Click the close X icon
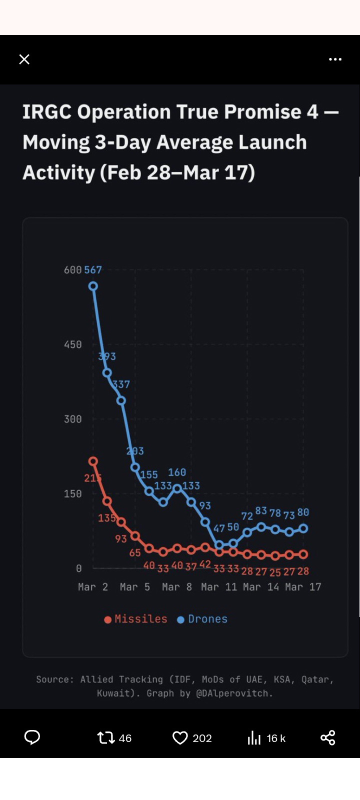tap(24, 59)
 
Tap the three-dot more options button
tap(335, 59)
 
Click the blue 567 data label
tap(93, 270)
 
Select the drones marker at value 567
tap(93, 286)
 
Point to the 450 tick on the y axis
tap(72, 344)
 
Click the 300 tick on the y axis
tap(72, 419)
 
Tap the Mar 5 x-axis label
tap(135, 587)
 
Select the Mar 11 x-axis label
tap(219, 587)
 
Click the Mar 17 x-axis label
tap(303, 587)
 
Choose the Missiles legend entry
tap(136, 619)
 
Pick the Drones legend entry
tap(202, 619)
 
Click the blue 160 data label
tap(177, 472)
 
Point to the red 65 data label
tap(135, 552)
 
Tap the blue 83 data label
tap(261, 510)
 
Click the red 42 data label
tap(205, 564)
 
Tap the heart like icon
tap(180, 738)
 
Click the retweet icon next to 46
tap(106, 738)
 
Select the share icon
tap(328, 738)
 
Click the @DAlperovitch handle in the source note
tap(234, 693)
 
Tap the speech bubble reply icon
tap(32, 738)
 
